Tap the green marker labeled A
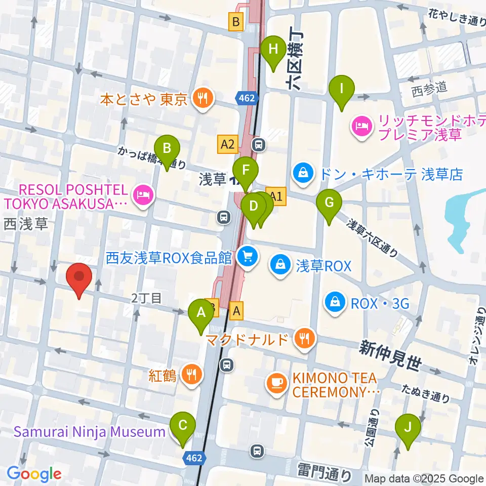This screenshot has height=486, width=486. [x=201, y=313]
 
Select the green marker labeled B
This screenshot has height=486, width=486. [x=168, y=150]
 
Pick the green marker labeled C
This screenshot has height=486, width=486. [x=183, y=426]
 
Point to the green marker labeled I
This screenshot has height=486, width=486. [x=341, y=90]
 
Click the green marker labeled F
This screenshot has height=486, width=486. [x=246, y=171]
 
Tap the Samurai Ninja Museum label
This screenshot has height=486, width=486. [x=89, y=432]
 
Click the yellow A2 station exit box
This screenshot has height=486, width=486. [x=227, y=144]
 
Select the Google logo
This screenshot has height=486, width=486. [x=34, y=474]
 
